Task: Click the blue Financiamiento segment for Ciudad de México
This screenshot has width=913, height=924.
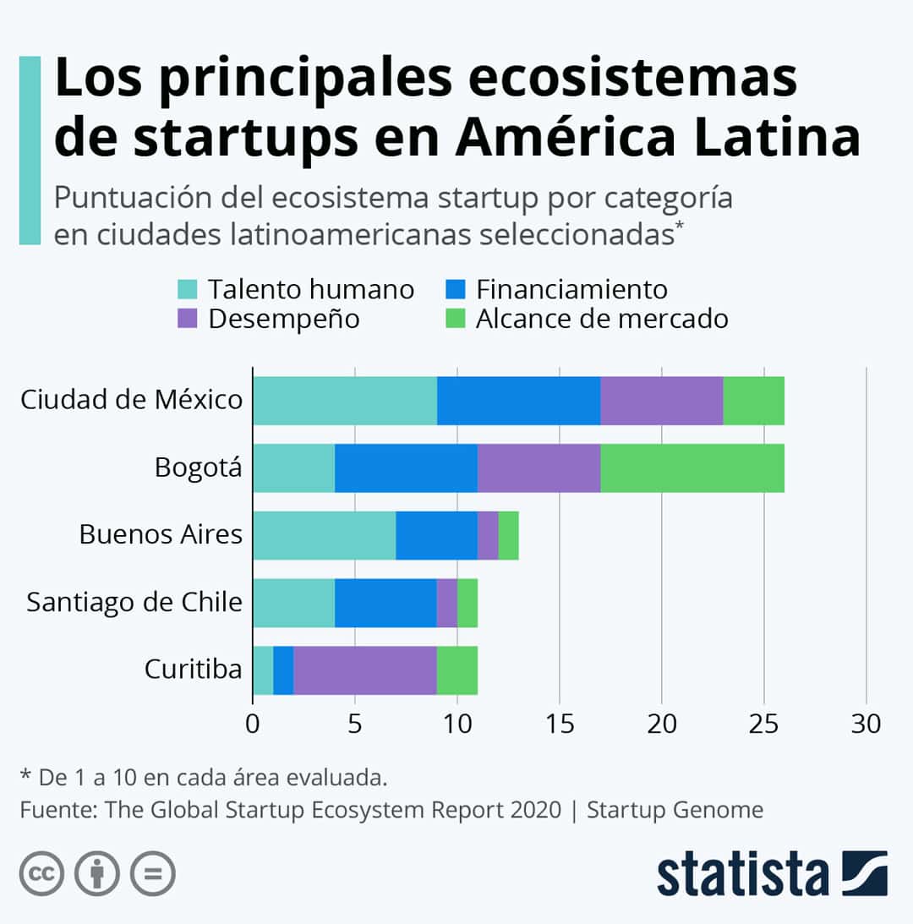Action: [x=518, y=401]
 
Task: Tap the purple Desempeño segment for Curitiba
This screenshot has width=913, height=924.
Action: [x=365, y=670]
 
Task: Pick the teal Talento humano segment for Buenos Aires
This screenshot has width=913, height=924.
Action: [x=324, y=535]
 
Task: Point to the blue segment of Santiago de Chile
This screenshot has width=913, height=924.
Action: [x=385, y=603]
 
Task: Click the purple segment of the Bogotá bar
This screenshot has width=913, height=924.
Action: [x=539, y=468]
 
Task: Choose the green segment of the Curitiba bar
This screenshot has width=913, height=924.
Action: [x=456, y=670]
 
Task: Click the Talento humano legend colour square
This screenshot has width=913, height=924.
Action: [x=188, y=290]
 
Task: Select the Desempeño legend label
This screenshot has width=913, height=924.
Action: [x=284, y=319]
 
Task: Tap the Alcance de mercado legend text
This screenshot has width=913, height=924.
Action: [x=602, y=319]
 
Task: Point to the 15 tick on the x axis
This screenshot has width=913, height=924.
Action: [x=559, y=724]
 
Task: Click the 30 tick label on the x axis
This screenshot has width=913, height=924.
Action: [x=866, y=724]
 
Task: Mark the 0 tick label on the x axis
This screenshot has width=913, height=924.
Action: [x=253, y=724]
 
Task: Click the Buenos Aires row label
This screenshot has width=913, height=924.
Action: [x=161, y=534]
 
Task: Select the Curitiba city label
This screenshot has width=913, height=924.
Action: [x=193, y=670]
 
